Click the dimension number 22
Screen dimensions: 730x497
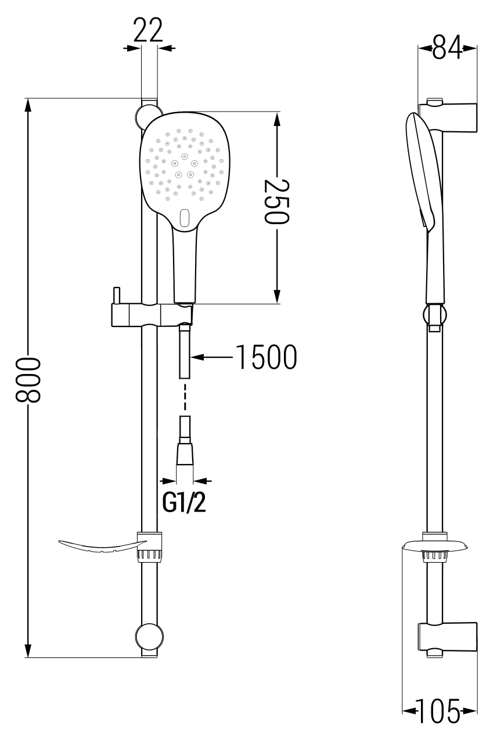(148, 31)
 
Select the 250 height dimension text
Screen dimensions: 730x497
(277, 202)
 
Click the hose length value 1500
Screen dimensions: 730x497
(266, 357)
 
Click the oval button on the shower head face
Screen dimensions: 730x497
(185, 217)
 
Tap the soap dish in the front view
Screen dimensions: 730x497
(99, 546)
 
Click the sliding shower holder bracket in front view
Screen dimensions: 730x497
(152, 315)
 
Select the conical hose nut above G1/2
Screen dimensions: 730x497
(185, 454)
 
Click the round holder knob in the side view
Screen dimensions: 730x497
(435, 316)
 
